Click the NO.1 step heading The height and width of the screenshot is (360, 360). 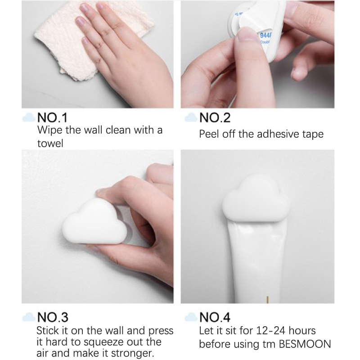coord(53,118)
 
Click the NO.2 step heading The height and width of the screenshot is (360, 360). coord(215,118)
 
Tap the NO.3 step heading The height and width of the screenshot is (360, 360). coord(53,317)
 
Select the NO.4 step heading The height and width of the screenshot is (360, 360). coord(215,317)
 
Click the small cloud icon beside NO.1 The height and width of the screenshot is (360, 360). coord(29,117)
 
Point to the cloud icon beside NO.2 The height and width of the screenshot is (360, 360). coord(191,117)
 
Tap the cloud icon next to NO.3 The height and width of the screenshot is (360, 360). coord(29,317)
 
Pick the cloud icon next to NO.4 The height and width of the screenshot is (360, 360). coord(191,317)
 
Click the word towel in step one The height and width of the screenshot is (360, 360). coord(50,144)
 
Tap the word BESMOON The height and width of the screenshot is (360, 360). coord(305,344)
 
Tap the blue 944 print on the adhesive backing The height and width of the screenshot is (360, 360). coord(265,36)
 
